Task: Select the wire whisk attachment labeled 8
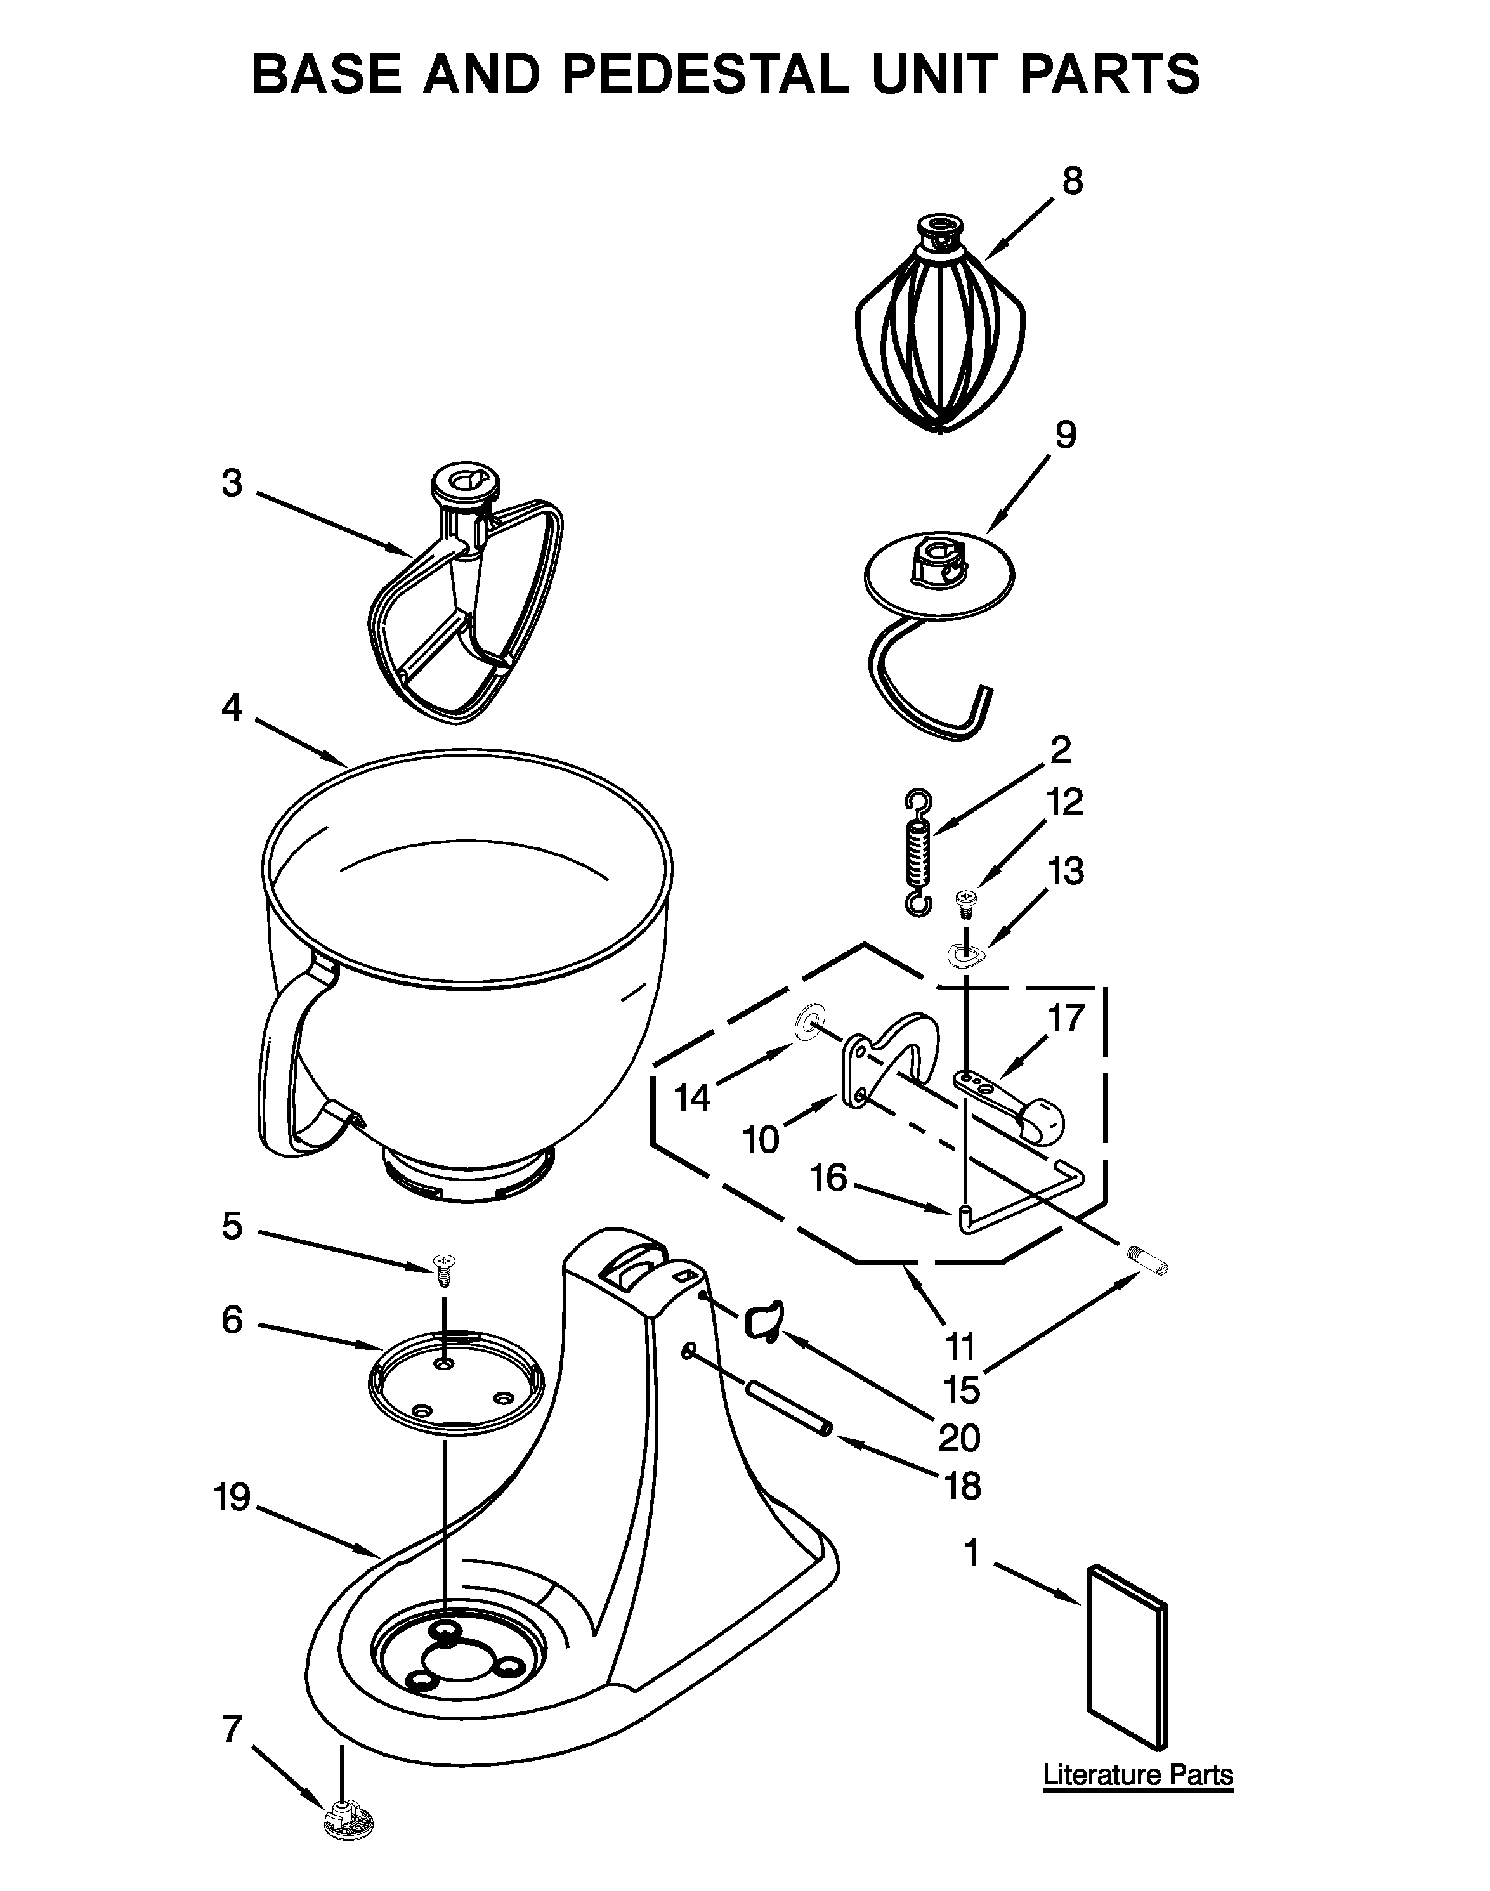[941, 336]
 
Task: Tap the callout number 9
[1065, 435]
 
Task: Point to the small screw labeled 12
[965, 903]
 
